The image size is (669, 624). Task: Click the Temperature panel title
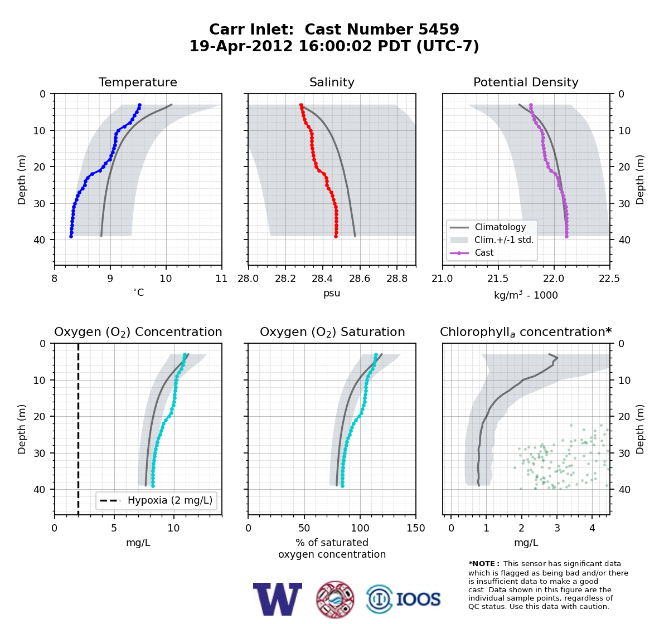click(x=138, y=82)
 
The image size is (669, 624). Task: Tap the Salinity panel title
click(x=332, y=82)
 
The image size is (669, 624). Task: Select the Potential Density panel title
click(x=526, y=82)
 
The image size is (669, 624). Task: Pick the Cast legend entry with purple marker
click(x=472, y=252)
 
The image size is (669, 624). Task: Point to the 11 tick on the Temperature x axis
click(x=222, y=279)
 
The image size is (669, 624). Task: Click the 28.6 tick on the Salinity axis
click(x=360, y=279)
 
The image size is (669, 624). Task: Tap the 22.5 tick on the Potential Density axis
click(x=610, y=279)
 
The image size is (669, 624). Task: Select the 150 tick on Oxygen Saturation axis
click(x=416, y=528)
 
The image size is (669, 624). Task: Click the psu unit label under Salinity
click(x=332, y=293)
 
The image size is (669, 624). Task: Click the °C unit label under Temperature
click(x=138, y=292)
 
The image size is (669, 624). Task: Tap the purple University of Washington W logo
click(x=278, y=599)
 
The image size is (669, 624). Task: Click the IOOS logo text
click(x=418, y=599)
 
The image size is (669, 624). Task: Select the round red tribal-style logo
click(x=335, y=599)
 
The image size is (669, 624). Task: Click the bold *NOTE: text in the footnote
click(x=482, y=563)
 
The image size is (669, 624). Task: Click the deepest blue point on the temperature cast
click(x=71, y=236)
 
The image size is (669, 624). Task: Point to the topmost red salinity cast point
click(x=301, y=105)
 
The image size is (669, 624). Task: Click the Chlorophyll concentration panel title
click(x=526, y=332)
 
